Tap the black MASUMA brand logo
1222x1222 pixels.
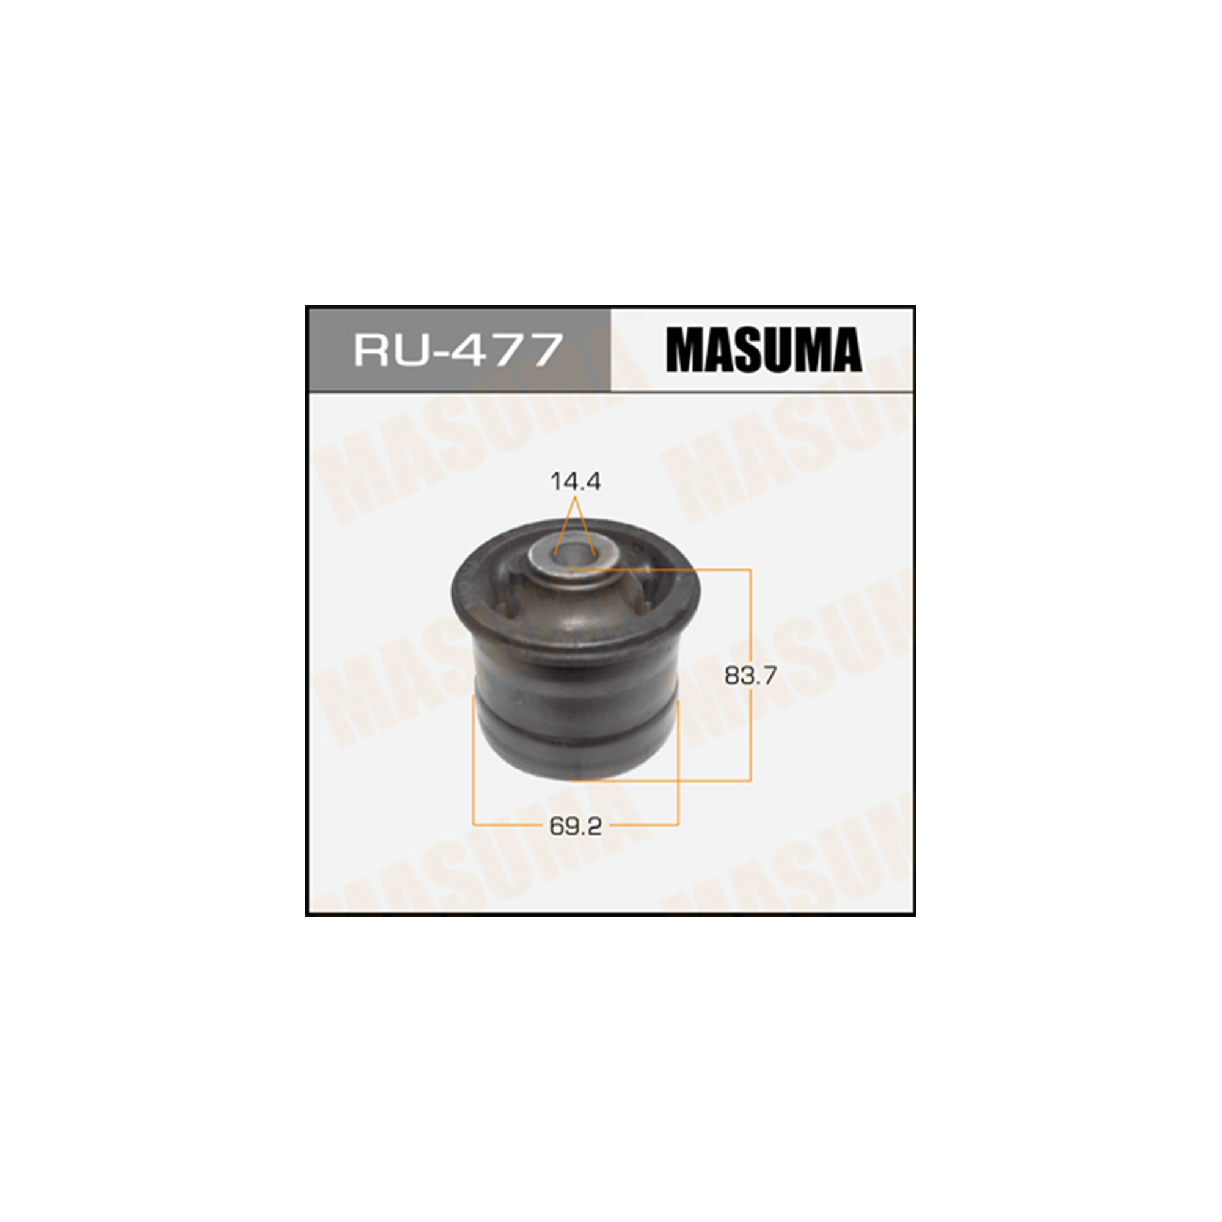pos(763,349)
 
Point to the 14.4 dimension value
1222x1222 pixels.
pos(575,482)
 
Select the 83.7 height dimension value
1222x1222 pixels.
pos(750,676)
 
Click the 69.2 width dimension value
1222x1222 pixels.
pos(575,826)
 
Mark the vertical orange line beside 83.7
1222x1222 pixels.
pos(751,675)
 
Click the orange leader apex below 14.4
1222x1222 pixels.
pos(575,498)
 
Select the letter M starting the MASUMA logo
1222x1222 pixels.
pos(685,349)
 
